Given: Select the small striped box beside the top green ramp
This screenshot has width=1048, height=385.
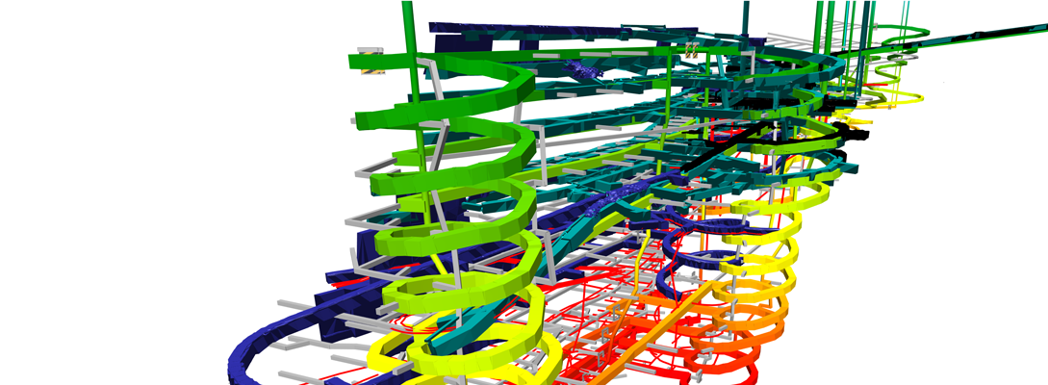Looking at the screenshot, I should point(368,58).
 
